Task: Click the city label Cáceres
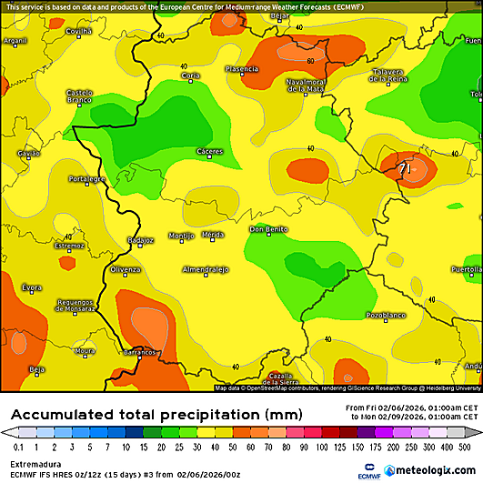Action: [x=209, y=151]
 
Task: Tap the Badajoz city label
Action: [x=141, y=240]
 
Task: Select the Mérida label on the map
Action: [x=212, y=235]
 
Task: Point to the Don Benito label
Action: [x=269, y=229]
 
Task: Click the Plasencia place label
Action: [x=241, y=69]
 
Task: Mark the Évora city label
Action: [x=32, y=287]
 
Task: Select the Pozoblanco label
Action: [x=384, y=315]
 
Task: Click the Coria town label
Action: [x=191, y=75]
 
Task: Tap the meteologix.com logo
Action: [x=428, y=470]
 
